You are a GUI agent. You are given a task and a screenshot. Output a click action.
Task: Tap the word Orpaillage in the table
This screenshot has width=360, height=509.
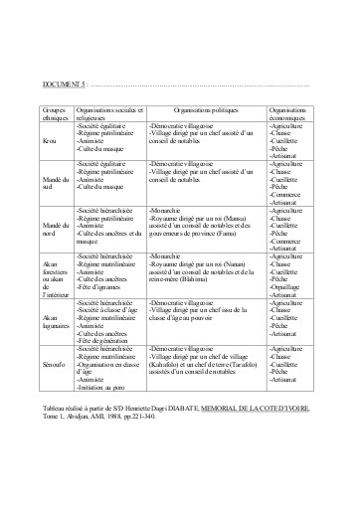[289, 281]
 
